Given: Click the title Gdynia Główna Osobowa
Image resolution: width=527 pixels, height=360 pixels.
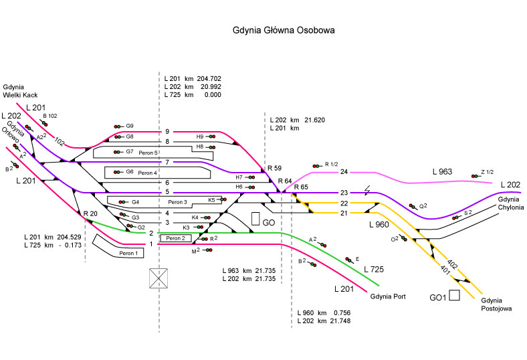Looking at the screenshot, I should tap(283, 30).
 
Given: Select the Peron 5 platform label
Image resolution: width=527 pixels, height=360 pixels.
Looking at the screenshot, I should tap(148, 153).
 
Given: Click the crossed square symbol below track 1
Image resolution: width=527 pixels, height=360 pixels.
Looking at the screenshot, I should tap(159, 277).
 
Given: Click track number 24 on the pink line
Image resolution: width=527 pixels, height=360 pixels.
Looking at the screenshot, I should tap(344, 173).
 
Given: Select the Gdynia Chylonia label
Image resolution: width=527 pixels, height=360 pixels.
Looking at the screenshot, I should tap(512, 204).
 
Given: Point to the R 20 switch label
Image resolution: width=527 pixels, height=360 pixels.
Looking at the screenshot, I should tap(90, 213).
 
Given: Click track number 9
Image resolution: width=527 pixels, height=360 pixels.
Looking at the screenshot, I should tap(167, 132).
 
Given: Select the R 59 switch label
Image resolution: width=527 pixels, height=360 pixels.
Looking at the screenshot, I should tap(274, 168).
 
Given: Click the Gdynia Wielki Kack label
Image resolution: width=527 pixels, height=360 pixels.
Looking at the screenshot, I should tap(23, 92).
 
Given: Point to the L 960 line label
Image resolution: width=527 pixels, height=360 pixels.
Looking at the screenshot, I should tap(379, 225).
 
